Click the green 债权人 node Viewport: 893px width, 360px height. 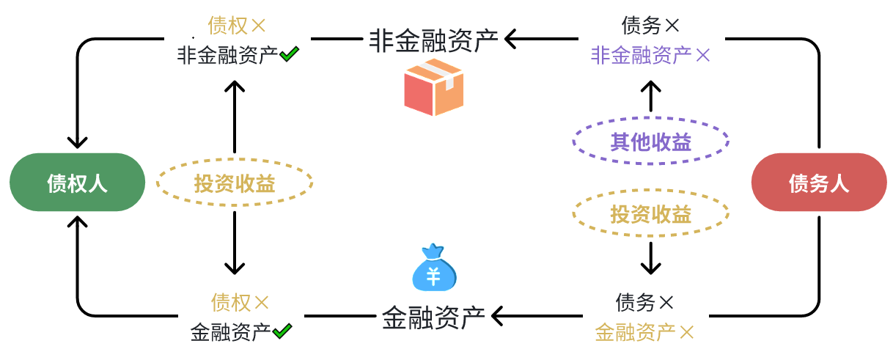(77, 183)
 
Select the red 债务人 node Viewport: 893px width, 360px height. (818, 183)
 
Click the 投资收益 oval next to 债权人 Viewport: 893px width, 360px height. (234, 183)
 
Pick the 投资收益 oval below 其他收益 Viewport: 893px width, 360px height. (650, 214)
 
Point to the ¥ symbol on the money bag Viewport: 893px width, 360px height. (433, 277)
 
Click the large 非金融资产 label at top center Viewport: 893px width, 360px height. (433, 39)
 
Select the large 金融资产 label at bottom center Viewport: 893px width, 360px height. (433, 317)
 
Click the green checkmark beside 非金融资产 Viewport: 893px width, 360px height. (289, 54)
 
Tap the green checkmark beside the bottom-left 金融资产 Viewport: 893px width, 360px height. (282, 331)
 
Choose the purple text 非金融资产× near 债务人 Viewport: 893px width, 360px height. (650, 55)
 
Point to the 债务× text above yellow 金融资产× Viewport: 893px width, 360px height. (644, 301)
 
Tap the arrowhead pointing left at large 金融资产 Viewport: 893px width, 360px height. (498, 316)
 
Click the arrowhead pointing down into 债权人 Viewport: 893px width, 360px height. (77, 141)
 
